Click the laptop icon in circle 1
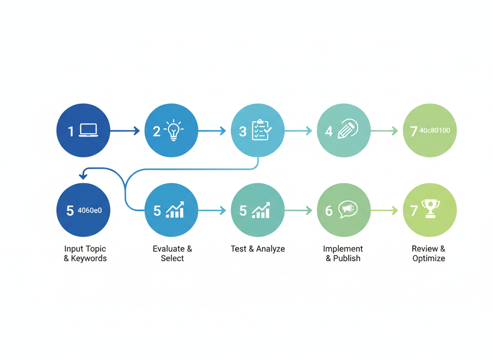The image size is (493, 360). (x=88, y=130)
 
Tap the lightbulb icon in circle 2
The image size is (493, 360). (x=174, y=130)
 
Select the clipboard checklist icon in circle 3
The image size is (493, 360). (x=261, y=130)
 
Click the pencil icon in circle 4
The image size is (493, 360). (x=348, y=129)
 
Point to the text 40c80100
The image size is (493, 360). (x=435, y=130)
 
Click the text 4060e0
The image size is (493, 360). (x=90, y=210)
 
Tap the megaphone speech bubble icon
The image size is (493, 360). (x=348, y=209)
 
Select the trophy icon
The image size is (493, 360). (x=431, y=209)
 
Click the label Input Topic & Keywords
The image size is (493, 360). (x=85, y=253)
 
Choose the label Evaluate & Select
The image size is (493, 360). (x=172, y=253)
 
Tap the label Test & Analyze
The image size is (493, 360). (x=258, y=249)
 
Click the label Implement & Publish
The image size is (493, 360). (x=343, y=253)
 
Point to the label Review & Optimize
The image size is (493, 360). (x=428, y=253)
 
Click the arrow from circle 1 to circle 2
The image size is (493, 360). (x=125, y=130)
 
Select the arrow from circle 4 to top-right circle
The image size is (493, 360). (x=384, y=130)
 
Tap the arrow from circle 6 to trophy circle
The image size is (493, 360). (x=384, y=210)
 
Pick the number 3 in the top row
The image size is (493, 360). (x=243, y=132)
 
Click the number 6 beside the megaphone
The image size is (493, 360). (x=329, y=211)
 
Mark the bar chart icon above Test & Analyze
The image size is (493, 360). (x=261, y=210)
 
